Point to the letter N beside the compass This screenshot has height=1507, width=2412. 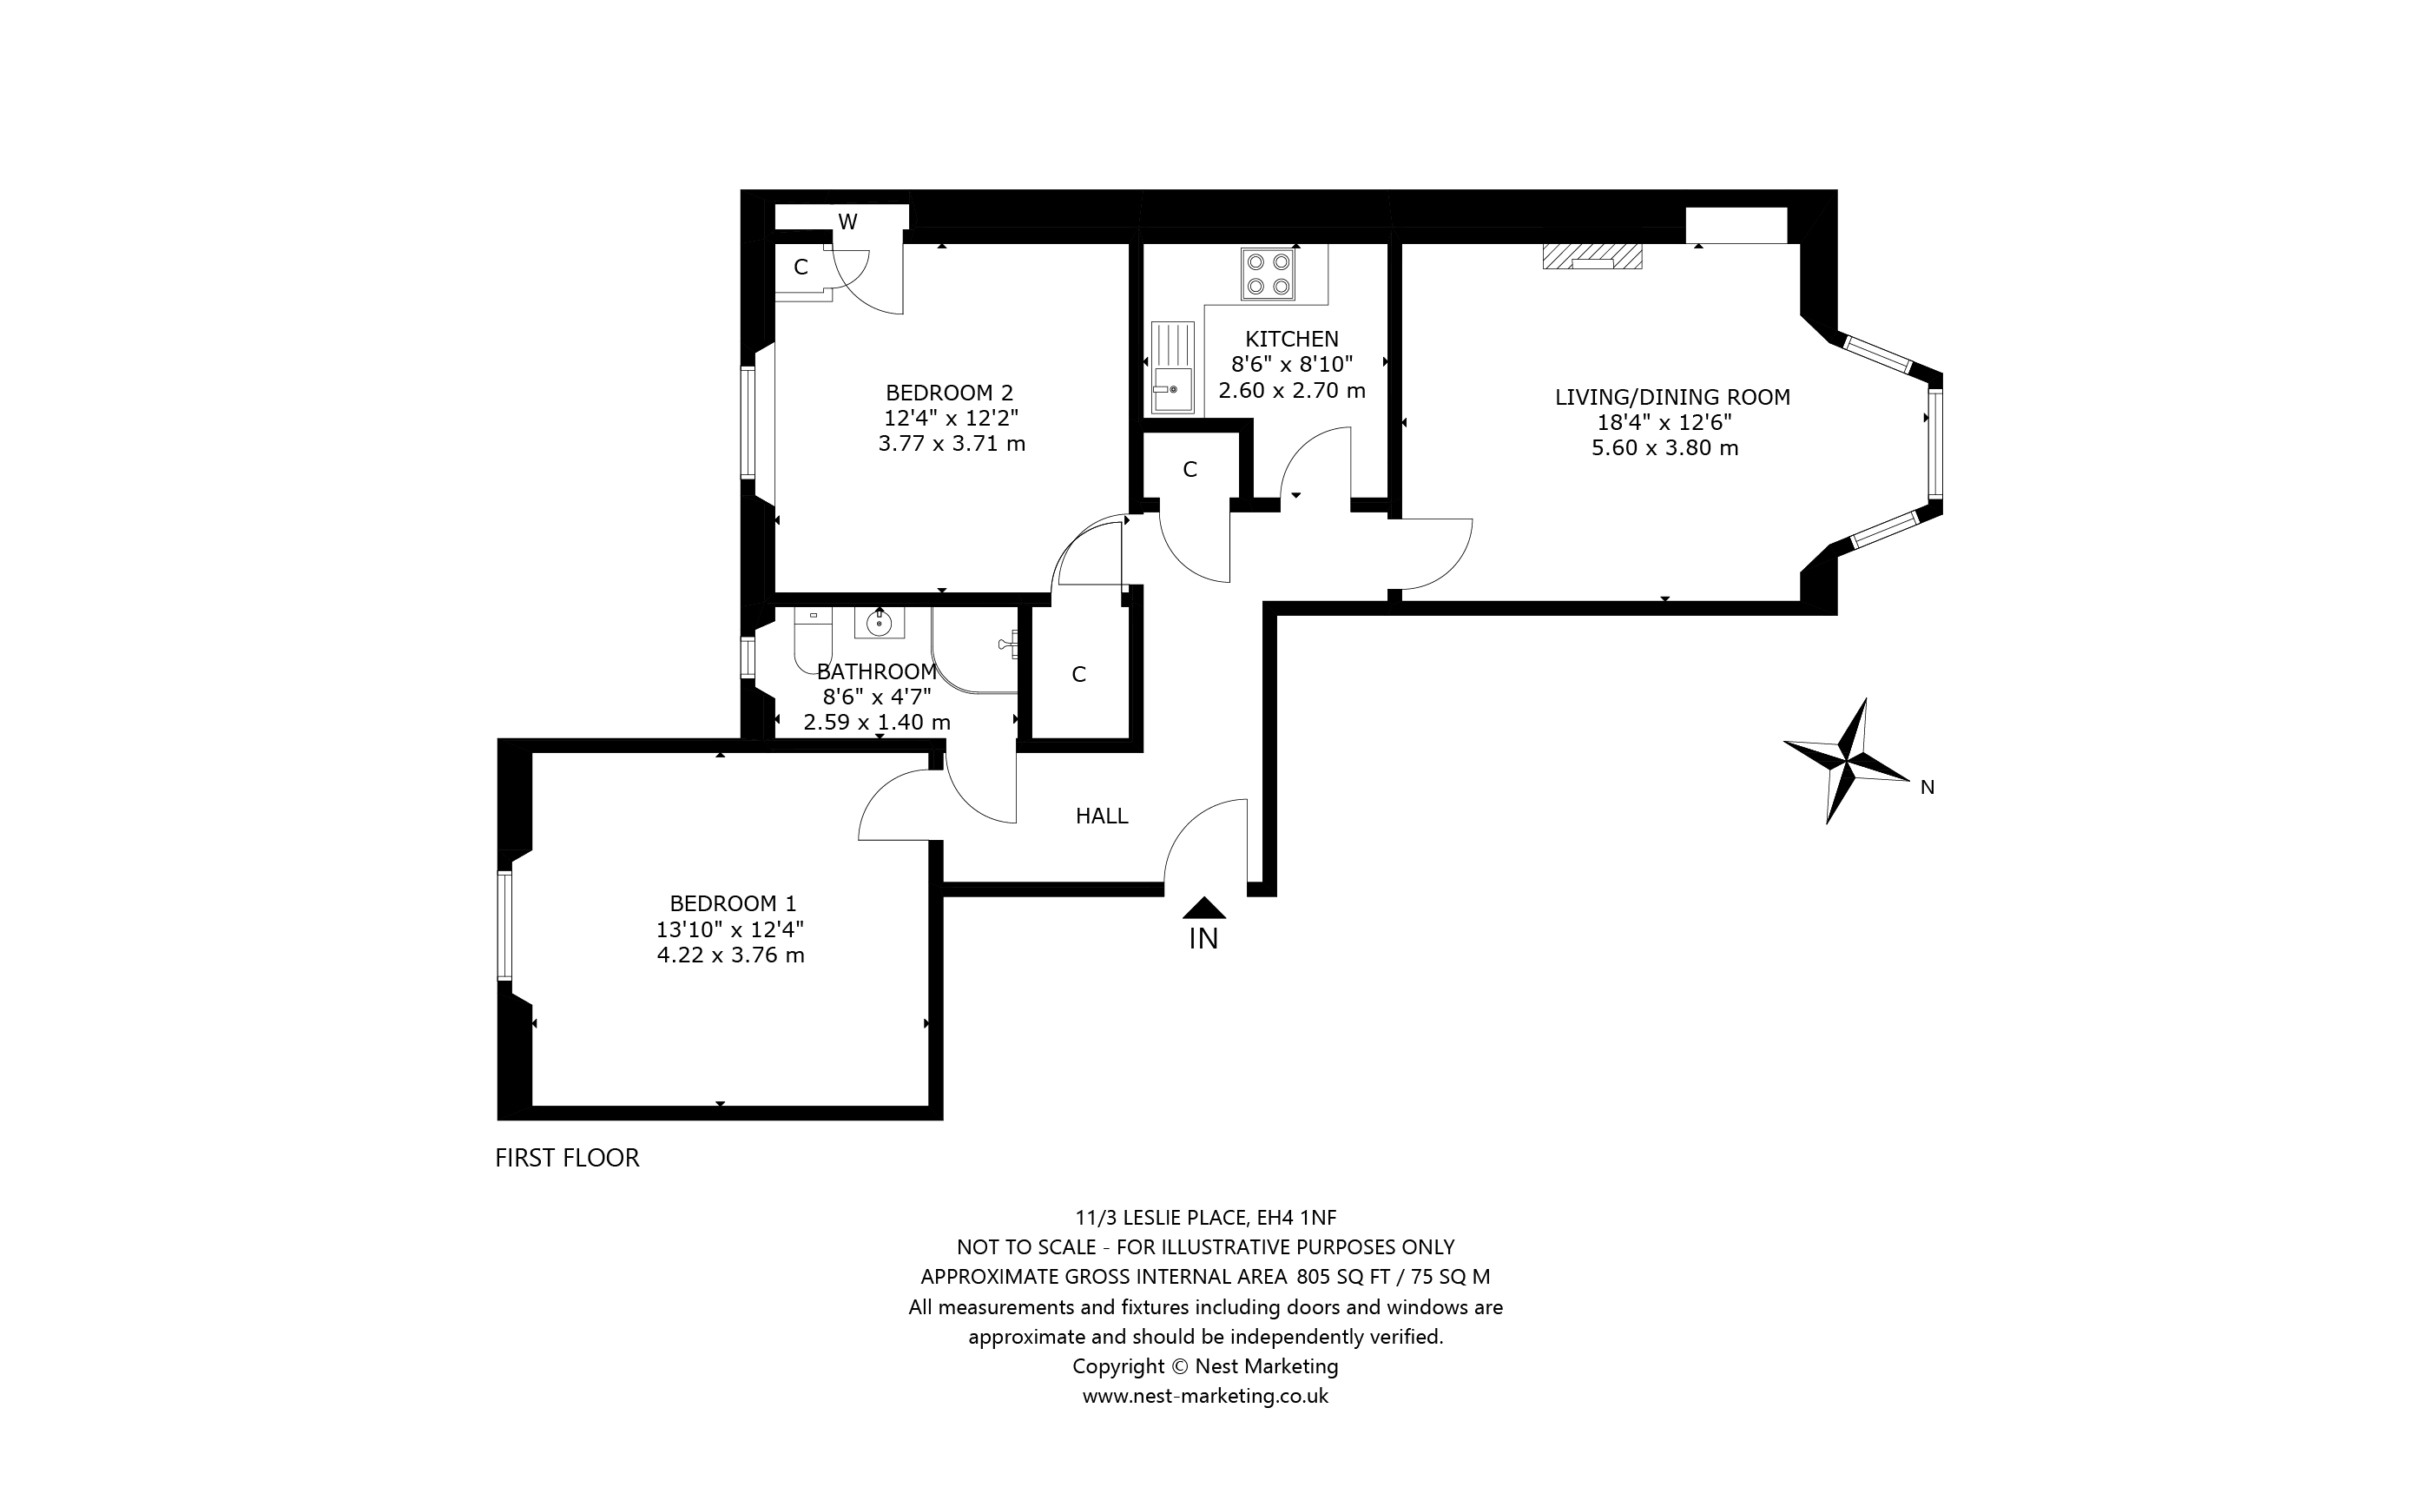pos(1927,788)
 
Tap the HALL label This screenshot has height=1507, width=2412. pos(1102,816)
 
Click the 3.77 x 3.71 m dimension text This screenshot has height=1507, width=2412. pos(952,444)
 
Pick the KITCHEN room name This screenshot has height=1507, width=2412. pos(1291,339)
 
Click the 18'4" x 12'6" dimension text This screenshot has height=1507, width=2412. pos(1664,423)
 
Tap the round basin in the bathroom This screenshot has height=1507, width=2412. pos(879,624)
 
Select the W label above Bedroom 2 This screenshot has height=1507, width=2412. pos(847,222)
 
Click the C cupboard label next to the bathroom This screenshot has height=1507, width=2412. pos(1078,675)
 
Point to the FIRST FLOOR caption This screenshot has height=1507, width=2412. pos(567,1157)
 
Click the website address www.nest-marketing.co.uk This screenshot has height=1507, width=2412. pos(1204,1395)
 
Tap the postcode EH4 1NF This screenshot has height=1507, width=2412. pos(1296,1217)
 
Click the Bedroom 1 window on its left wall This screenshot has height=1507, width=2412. pos(505,925)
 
